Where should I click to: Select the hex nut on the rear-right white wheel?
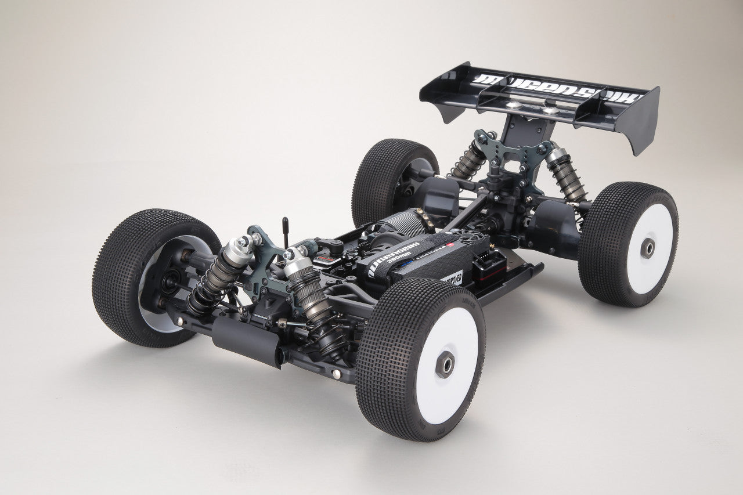coord(647,248)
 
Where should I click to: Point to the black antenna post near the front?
coord(286,231)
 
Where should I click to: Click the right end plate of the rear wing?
coord(642,121)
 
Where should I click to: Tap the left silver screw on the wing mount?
coord(513,106)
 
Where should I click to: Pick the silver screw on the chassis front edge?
coord(336,374)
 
